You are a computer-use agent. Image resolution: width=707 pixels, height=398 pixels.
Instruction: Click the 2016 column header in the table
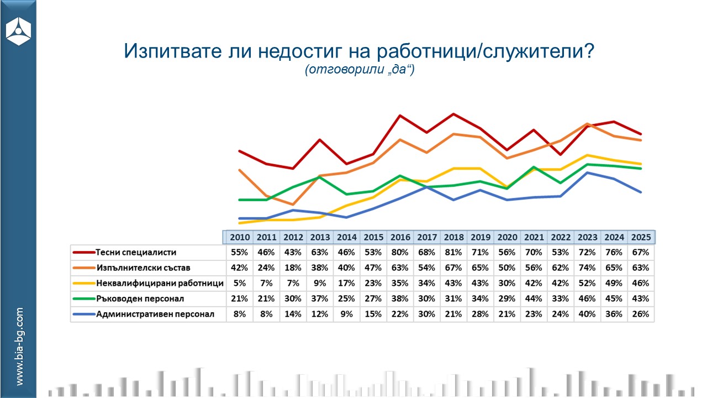[x=400, y=237]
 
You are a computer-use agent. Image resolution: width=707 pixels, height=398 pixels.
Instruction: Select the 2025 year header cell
[x=641, y=237]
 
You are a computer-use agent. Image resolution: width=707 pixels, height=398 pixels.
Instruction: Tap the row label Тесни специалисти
[x=135, y=253]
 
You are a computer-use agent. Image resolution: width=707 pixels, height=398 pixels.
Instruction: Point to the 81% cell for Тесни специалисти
[x=453, y=253]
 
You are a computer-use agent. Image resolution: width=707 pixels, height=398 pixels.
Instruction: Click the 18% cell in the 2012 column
[x=293, y=268]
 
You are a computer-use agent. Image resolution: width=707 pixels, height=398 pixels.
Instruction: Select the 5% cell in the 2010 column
[x=239, y=284]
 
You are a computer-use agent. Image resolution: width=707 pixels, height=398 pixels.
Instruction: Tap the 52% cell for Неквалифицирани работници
[x=587, y=284]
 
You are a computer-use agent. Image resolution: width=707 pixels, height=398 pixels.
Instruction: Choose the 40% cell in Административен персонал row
[x=587, y=315]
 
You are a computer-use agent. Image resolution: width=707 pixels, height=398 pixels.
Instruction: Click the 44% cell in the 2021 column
[x=534, y=299]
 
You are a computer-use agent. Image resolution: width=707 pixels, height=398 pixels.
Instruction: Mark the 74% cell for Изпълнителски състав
[x=587, y=268]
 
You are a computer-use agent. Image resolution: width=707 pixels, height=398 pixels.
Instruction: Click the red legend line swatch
[x=83, y=253]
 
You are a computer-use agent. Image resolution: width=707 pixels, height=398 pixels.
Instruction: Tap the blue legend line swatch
[x=83, y=315]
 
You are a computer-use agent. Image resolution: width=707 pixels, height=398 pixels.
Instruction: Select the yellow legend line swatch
[x=83, y=284]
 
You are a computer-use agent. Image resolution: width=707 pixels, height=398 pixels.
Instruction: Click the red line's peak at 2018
[x=453, y=114]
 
